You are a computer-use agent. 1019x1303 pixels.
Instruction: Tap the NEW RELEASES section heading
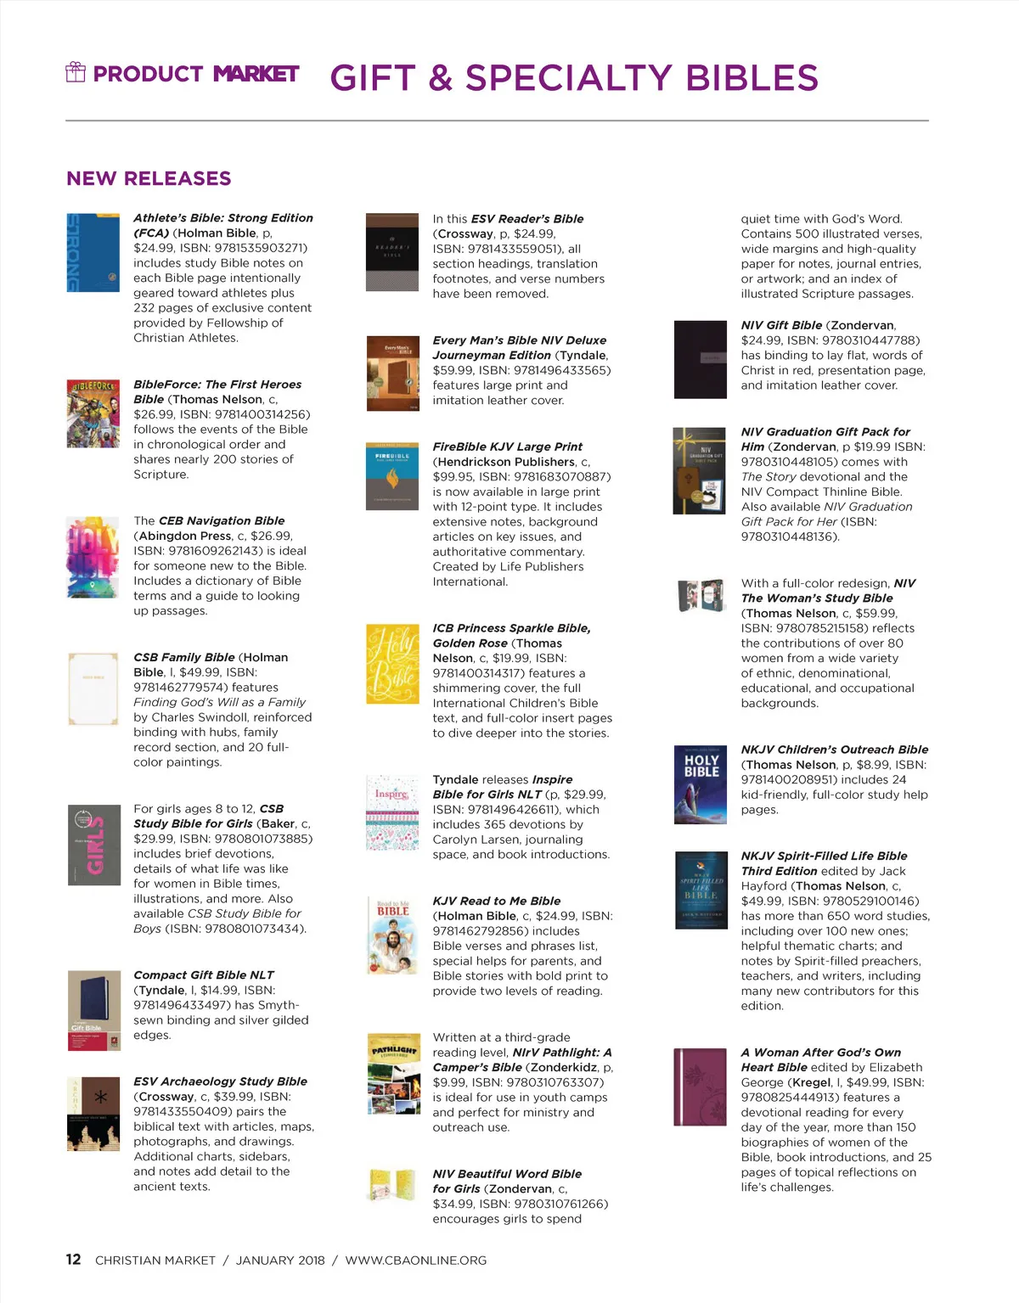pos(149,178)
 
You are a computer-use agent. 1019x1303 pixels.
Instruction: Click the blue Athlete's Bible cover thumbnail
pos(93,252)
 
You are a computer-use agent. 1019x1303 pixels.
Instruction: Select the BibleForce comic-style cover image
pos(93,413)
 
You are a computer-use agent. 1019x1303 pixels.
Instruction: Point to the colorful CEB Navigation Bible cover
pos(93,557)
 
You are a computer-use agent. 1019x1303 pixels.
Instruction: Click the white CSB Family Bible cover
pos(93,689)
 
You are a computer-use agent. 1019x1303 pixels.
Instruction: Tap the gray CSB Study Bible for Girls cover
pos(93,845)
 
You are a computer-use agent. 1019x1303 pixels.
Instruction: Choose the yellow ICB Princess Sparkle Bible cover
pos(392,664)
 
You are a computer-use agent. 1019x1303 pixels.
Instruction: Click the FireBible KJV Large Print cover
pos(392,475)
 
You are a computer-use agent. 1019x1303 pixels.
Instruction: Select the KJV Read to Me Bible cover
pos(392,935)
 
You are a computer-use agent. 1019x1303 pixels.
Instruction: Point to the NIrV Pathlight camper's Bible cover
pos(393,1073)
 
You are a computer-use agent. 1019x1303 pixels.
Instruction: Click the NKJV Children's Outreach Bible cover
pos(701,784)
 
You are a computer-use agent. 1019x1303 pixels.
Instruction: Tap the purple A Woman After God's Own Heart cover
pos(701,1087)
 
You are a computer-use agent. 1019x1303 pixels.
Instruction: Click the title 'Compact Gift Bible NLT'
pos(204,975)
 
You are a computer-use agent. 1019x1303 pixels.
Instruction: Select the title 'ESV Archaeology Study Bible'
pos(220,1081)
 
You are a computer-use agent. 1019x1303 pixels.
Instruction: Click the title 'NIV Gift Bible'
pos(781,325)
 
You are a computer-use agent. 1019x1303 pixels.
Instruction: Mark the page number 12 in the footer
pos(74,1260)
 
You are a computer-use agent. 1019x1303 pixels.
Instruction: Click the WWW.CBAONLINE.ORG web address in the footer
pos(416,1261)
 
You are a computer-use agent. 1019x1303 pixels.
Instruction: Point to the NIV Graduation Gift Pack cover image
pos(699,470)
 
